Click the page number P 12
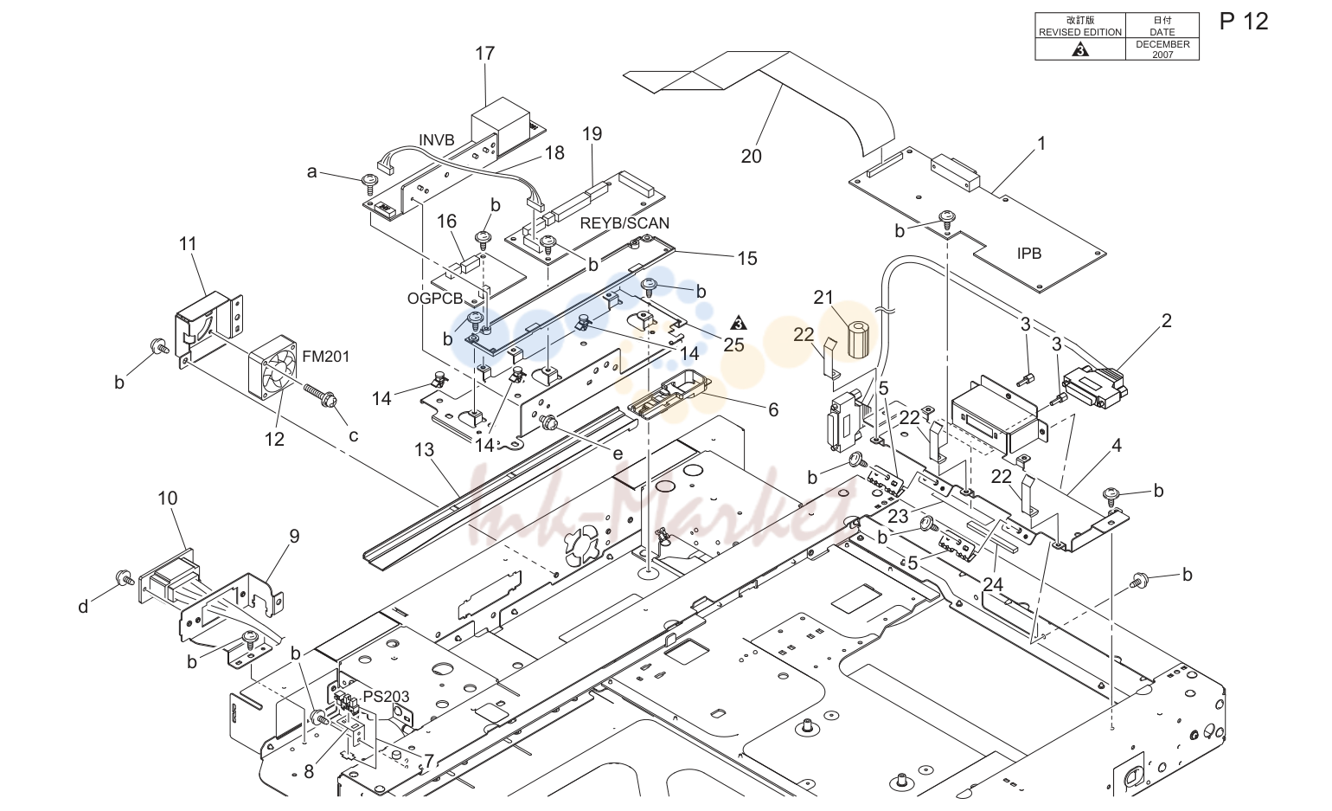coord(1244,22)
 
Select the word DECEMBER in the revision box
coord(1162,44)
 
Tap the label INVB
coord(437,140)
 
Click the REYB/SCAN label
coord(624,223)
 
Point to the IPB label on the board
coord(1029,254)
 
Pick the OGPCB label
coord(435,299)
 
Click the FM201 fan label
coord(325,357)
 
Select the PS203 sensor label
coord(387,696)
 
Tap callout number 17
coord(484,54)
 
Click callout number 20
coord(751,157)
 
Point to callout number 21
coord(823,297)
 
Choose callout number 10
coord(168,498)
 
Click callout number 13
coord(425,450)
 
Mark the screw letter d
coord(83,607)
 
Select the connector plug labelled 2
coord(1095,387)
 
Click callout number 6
coord(773,409)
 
